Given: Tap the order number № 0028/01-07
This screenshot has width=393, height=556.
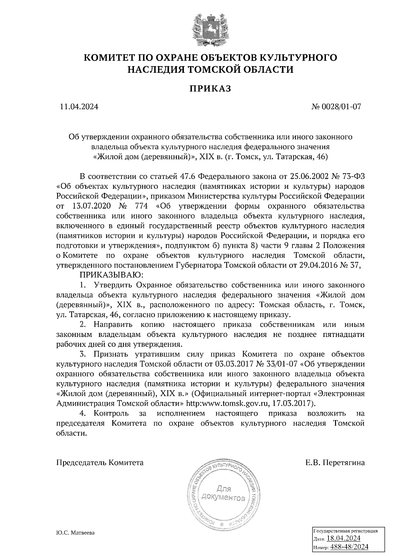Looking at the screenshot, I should (337, 107).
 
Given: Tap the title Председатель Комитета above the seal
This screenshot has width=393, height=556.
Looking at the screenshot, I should (100, 463).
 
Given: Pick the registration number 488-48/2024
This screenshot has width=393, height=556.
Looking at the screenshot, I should (349, 547).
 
